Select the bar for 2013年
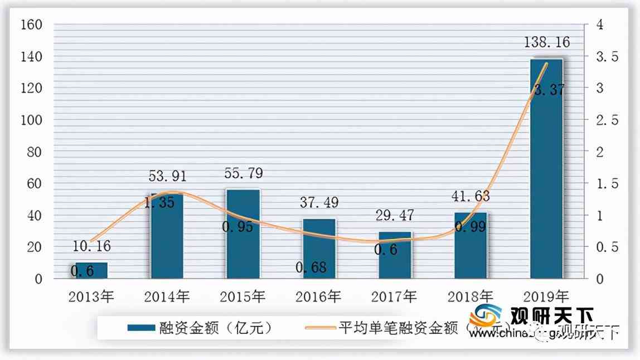pyautogui.click(x=91, y=270)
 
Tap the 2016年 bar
pyautogui.click(x=319, y=249)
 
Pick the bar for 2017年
pyautogui.click(x=395, y=255)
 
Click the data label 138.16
pyautogui.click(x=546, y=42)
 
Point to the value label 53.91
pyautogui.click(x=167, y=177)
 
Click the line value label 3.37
pyautogui.click(x=549, y=89)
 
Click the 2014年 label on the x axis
pyautogui.click(x=167, y=296)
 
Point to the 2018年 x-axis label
pyautogui.click(x=471, y=296)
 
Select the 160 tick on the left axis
pyautogui.click(x=31, y=25)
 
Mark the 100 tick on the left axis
pyautogui.click(x=31, y=120)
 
